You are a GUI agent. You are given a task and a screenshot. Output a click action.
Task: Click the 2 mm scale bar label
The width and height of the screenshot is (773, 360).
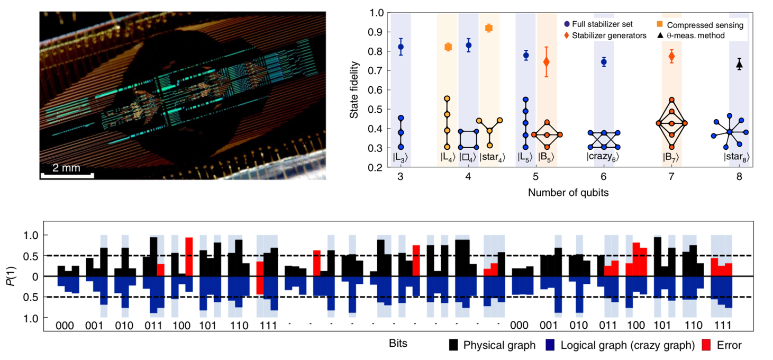(66, 168)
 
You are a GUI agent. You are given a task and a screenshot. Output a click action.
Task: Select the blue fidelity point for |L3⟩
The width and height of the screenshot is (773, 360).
(401, 47)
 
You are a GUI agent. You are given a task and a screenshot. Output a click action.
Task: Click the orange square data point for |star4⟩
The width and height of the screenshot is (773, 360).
(489, 28)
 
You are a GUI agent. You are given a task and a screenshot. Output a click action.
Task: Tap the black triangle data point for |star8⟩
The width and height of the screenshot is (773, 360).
(739, 65)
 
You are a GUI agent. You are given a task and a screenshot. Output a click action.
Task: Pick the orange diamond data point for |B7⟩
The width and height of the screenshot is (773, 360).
(672, 57)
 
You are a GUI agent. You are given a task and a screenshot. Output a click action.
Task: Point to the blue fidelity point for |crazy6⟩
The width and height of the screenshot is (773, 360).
(604, 62)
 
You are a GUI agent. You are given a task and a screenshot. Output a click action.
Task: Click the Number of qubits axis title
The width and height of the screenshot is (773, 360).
(568, 193)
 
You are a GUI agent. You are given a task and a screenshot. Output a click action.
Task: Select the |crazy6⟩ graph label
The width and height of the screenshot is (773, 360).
(603, 157)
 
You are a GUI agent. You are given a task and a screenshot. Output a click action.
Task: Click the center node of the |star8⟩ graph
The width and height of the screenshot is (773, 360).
(729, 132)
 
